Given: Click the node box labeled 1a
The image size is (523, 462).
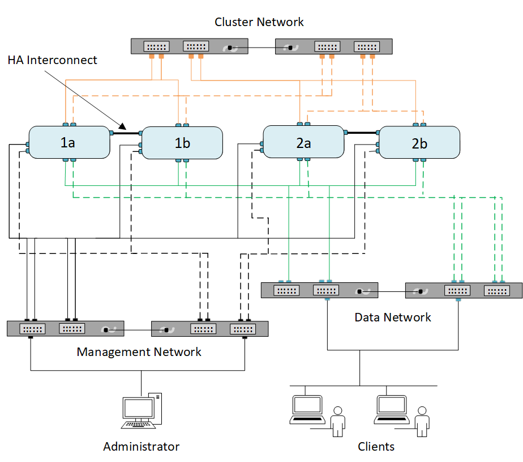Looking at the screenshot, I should coord(68,142).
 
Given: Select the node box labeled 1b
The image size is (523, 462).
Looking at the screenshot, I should coord(182,143).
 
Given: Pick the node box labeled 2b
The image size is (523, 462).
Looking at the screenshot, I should coord(419,142).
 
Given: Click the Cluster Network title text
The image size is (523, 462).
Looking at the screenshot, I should coord(259,22).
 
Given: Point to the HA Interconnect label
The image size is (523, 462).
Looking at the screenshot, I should coord(53,60).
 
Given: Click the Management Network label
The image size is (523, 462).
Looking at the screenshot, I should coord(139,352).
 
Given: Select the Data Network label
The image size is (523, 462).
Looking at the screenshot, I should coord(393,317).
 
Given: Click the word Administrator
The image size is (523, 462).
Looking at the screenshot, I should coord(141,447).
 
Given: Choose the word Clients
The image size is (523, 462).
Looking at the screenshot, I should coord(376,447).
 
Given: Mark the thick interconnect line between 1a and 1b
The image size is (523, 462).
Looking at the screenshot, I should coord(128,134).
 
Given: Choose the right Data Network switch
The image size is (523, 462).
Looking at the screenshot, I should coord(464,290).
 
